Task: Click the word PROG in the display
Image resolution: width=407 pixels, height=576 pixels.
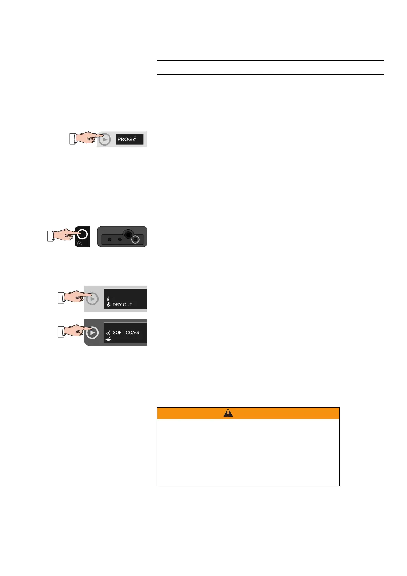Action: (124, 139)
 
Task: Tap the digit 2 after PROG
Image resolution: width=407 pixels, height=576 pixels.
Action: (135, 139)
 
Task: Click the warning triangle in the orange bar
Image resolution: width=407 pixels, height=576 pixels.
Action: (228, 413)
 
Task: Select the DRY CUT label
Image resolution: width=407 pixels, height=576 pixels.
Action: (122, 304)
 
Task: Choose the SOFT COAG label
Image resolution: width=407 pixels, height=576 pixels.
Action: (126, 332)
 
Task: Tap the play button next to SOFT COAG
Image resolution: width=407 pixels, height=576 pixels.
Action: (92, 333)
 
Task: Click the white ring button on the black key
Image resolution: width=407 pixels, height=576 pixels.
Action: (83, 234)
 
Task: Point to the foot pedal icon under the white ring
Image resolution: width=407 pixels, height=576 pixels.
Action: (79, 244)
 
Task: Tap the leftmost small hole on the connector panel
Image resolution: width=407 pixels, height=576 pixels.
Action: (109, 239)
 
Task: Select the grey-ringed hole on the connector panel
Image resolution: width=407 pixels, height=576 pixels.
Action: (136, 240)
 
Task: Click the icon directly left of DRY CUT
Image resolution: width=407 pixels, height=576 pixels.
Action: (108, 304)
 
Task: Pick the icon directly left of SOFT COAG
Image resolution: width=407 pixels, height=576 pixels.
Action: (108, 332)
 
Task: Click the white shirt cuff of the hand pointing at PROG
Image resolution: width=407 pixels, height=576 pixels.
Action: (73, 139)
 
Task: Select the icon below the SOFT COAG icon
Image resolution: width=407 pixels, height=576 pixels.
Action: (108, 339)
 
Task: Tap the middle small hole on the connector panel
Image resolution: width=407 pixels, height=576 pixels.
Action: (120, 239)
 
